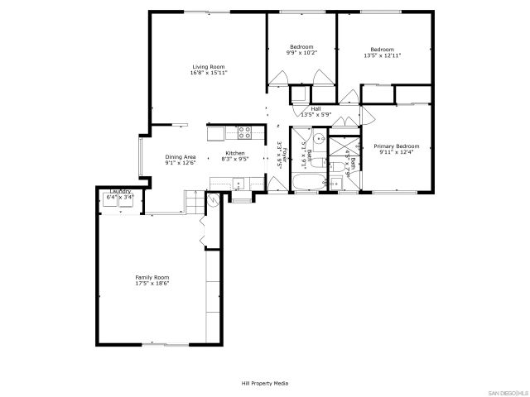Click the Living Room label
tap(209, 67)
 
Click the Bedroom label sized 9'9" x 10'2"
tap(301, 46)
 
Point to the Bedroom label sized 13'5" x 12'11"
tap(382, 49)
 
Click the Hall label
tap(316, 108)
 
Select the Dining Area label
tap(180, 157)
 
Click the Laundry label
tap(121, 192)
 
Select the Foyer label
tap(280, 154)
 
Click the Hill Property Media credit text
tap(265, 384)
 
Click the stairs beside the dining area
tap(192, 201)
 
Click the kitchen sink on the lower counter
tap(224, 183)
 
